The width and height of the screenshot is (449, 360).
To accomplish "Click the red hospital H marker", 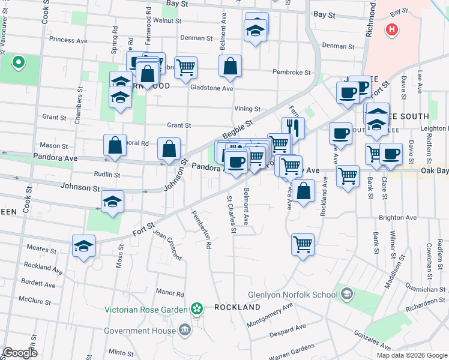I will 392,29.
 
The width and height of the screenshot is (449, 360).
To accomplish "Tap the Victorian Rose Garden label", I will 146,310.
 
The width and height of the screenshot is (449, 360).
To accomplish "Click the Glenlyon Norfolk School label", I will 293,295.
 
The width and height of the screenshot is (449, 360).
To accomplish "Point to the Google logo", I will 20,353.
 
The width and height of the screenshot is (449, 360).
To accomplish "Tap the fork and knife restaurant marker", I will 293,127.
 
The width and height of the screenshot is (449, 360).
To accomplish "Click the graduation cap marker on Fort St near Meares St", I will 84,245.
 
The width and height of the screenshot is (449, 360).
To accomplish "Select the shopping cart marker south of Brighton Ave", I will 303,244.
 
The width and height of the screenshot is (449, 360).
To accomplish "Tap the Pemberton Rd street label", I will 202,230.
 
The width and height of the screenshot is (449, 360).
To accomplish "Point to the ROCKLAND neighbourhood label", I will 237,307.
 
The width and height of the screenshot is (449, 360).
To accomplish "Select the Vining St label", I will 247,109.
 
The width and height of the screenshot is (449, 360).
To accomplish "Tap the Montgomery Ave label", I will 270,314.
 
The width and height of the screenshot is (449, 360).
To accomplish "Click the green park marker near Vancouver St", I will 19,61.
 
